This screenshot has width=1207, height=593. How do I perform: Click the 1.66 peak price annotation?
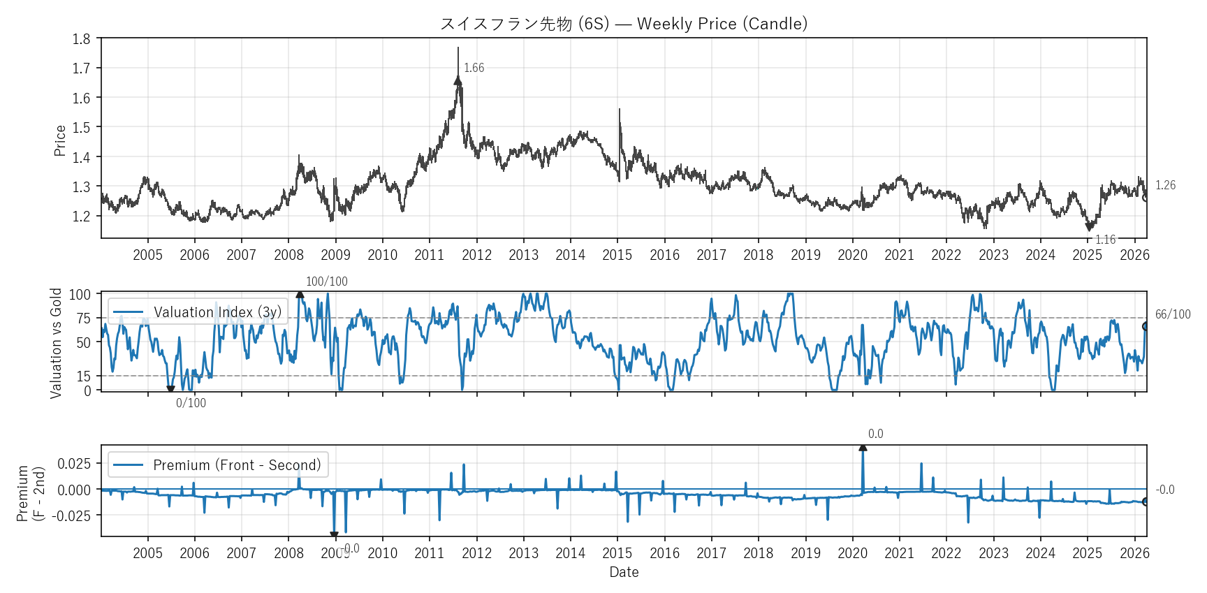coord(474,68)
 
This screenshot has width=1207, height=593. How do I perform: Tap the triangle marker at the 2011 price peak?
coord(458,81)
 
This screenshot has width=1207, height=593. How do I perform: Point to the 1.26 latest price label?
coord(1165,185)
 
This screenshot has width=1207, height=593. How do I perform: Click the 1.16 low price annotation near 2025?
coord(1105,240)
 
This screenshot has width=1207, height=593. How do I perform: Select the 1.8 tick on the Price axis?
coord(82,39)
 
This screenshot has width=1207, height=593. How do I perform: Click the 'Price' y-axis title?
coord(60,140)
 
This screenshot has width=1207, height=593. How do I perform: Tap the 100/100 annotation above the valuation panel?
coord(326,281)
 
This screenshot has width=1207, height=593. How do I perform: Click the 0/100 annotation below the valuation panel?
coord(191,403)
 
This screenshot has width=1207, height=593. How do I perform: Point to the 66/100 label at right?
coord(1172,314)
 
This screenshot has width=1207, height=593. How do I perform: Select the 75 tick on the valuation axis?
coord(84,319)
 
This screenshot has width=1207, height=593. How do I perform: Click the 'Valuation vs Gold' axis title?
coord(56,343)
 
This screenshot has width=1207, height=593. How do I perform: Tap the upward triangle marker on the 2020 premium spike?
coord(863,447)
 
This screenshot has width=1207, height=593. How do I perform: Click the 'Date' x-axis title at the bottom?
coord(624,572)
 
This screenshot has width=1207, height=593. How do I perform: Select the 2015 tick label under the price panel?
coord(617,255)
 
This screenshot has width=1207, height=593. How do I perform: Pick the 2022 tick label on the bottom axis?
coord(946,553)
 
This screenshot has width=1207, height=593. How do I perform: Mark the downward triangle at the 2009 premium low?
coord(334,535)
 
